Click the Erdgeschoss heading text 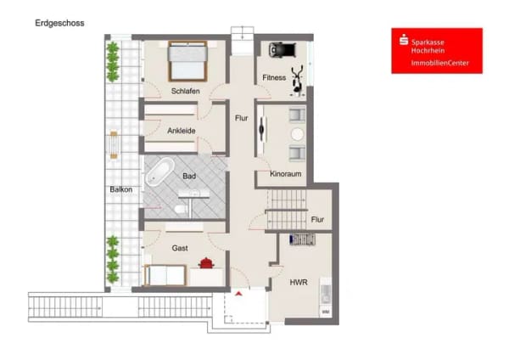click(59, 24)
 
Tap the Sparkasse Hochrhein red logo click(437, 51)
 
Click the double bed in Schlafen click(187, 61)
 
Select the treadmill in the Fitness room click(282, 50)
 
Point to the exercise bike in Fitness click(298, 81)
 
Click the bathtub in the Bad click(160, 172)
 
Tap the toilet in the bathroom click(181, 209)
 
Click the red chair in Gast click(206, 263)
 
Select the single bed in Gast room click(165, 275)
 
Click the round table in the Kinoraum click(297, 134)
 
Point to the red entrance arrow click(239, 294)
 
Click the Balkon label click(121, 189)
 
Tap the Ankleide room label click(182, 131)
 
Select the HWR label click(299, 283)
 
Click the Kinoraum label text click(286, 174)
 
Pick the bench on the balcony click(114, 144)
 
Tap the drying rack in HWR click(302, 239)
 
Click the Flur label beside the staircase click(317, 220)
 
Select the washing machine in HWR click(326, 312)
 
